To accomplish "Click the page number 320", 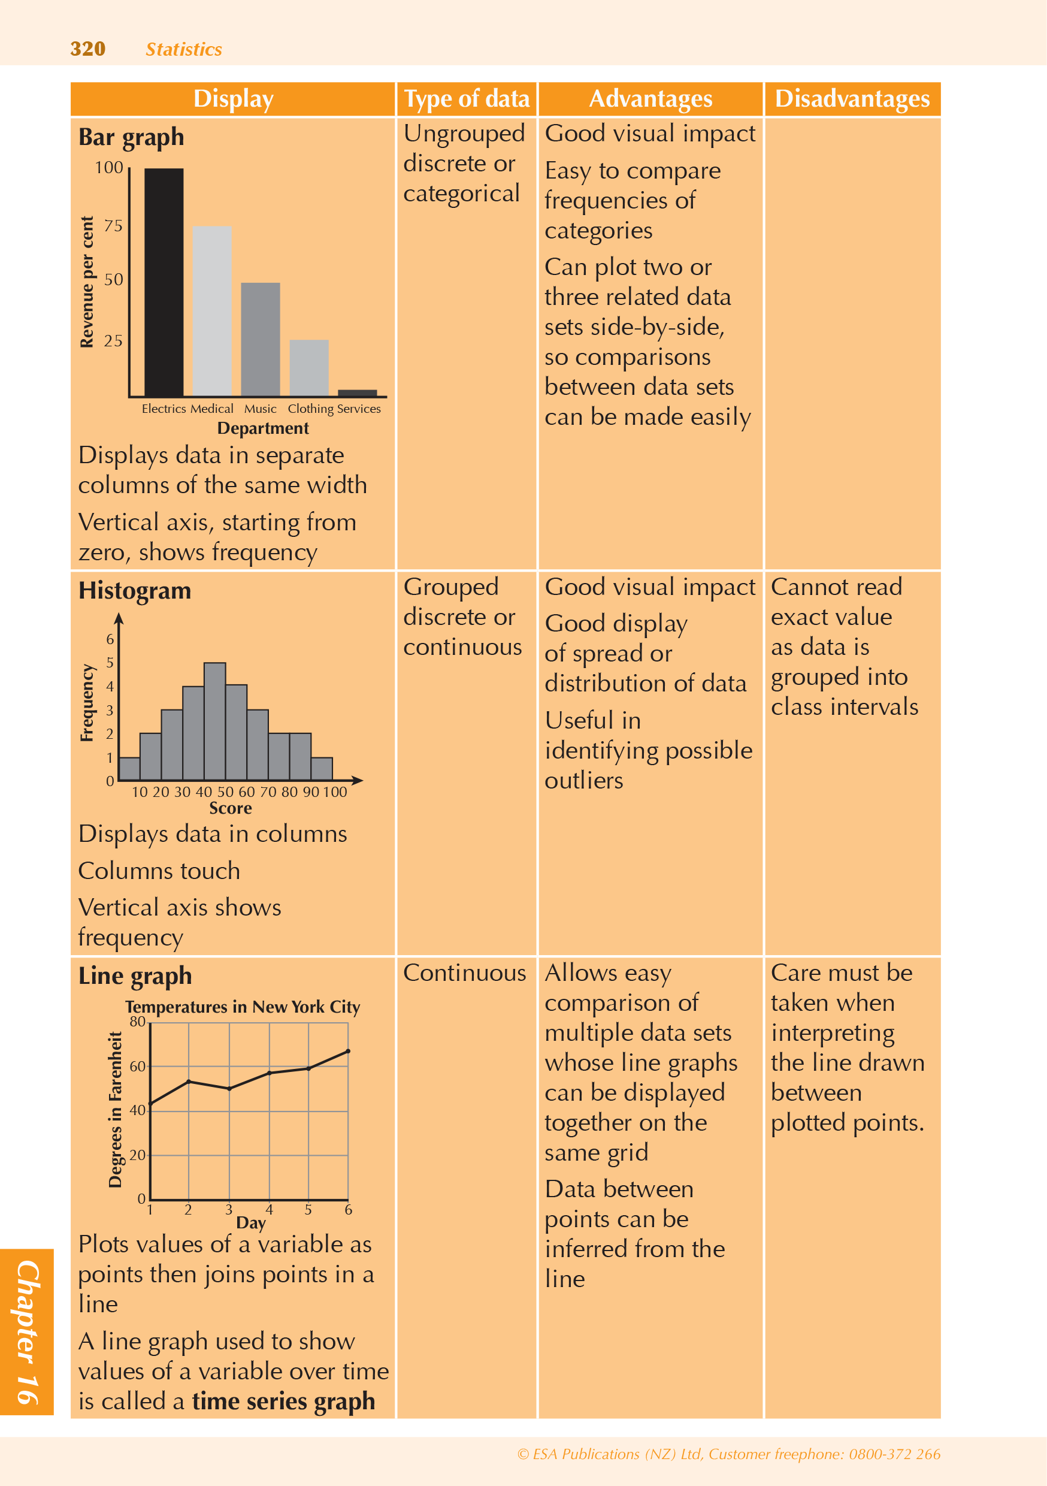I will coord(87,49).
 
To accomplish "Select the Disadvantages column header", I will coord(852,99).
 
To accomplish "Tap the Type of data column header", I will coord(467,99).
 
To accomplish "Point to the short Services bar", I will coord(357,393).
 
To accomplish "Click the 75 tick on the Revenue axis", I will coord(113,226).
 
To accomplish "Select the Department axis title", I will coord(263,428).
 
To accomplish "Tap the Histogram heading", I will coord(135,591).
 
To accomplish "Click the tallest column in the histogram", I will coord(215,721).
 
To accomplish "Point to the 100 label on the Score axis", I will coord(335,792).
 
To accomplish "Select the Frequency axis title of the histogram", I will coord(87,702).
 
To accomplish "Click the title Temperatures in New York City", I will coord(243,1007).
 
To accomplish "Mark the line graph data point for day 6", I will coord(348,1051).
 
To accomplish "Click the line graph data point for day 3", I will coord(229,1089).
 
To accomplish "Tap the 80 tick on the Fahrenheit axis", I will coord(137,1022).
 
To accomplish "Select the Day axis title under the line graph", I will coord(251,1222).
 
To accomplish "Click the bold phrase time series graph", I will coord(283,1402).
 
